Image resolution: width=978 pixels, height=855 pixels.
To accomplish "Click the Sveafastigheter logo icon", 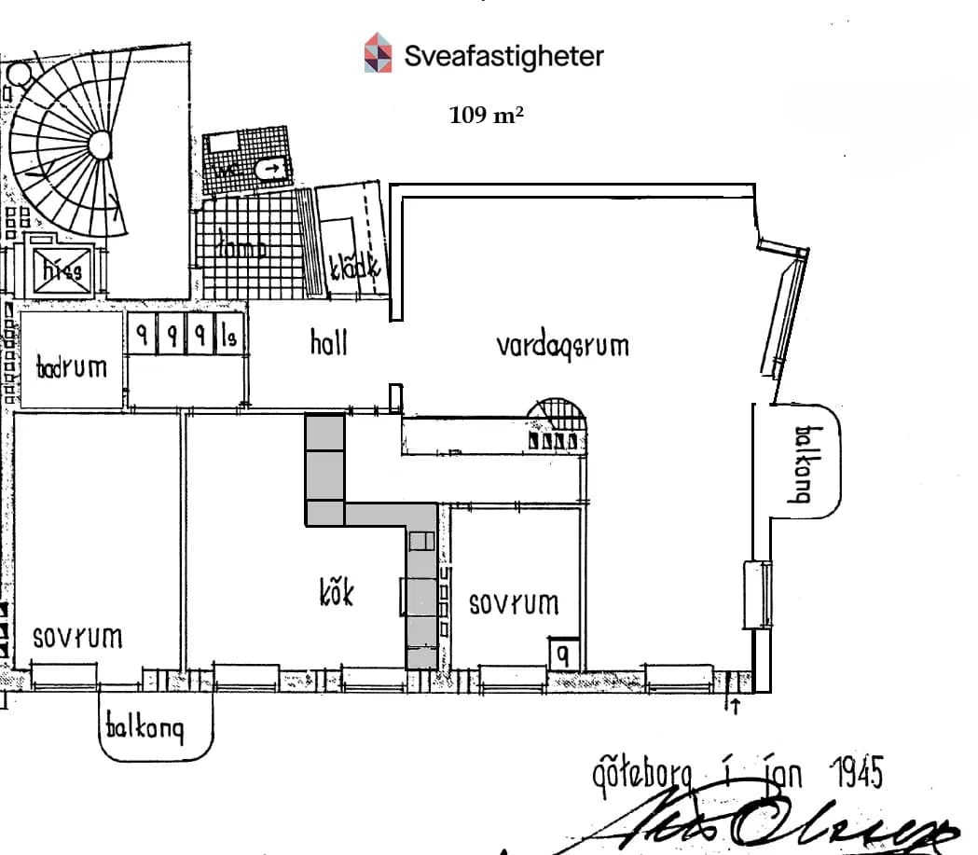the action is pos(378,53).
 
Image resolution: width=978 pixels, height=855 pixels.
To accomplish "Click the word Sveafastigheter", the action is pos(503,56).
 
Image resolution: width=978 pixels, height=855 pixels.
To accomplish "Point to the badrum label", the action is pos(72,366).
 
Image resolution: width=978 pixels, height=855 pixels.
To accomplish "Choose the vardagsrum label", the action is pos(562,346).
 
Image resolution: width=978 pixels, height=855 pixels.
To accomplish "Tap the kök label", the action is pos(336,591).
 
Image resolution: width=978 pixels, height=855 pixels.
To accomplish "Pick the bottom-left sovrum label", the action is pos(78,639).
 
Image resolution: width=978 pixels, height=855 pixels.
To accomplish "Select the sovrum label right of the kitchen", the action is pos(514,603).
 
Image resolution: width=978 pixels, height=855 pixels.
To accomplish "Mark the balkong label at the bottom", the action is pos(145,726).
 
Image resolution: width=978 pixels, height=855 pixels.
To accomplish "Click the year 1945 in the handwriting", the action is pos(855,773).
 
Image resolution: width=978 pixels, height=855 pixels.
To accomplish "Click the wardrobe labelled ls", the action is pos(228,336).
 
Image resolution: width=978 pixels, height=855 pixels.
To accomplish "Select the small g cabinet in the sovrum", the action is pos(563,653).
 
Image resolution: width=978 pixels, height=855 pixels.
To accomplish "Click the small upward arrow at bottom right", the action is pos(734,705).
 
